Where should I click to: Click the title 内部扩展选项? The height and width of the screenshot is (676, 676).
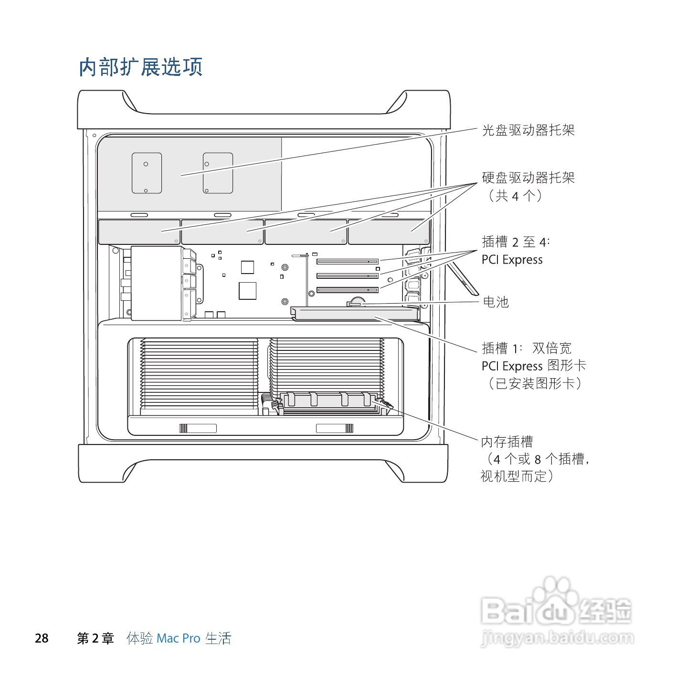[141, 67]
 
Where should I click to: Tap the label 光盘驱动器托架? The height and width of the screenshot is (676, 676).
[528, 130]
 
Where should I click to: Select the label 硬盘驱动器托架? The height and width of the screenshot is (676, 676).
[528, 178]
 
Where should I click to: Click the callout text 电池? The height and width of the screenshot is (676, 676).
[496, 302]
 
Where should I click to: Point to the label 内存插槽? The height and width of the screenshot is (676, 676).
[507, 442]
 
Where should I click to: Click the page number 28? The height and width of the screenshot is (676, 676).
[42, 638]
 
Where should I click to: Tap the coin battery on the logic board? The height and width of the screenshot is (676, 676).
[356, 302]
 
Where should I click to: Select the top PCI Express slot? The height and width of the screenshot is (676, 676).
[347, 262]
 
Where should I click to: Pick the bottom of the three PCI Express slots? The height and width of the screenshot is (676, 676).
[347, 290]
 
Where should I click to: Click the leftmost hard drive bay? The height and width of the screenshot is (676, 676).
[139, 232]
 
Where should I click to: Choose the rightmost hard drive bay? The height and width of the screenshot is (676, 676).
[389, 232]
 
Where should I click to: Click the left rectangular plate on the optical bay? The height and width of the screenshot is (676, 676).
[147, 173]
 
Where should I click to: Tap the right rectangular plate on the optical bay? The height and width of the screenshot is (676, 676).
[218, 173]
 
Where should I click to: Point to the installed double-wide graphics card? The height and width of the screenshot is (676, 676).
[354, 313]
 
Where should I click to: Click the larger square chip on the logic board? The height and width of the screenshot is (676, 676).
[247, 291]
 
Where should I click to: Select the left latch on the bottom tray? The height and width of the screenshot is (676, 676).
[198, 428]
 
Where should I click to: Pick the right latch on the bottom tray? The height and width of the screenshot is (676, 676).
[335, 428]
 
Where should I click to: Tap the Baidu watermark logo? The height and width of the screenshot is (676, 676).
[556, 611]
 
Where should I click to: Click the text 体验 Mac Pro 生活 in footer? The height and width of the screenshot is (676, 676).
[179, 638]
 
